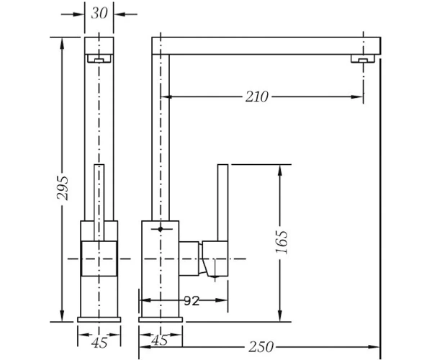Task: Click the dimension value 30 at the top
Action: point(99,13)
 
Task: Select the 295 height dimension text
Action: point(62,188)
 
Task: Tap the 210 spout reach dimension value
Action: point(257,96)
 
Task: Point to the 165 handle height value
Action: point(282,242)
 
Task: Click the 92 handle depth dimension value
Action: point(192,301)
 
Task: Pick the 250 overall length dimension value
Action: point(261,347)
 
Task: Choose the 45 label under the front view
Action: point(99,343)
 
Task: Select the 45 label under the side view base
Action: point(159,341)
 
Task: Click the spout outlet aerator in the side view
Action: point(363,58)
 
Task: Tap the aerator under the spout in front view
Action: point(99,58)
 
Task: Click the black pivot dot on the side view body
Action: point(161,229)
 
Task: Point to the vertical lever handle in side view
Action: point(223,203)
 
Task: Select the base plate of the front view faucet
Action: point(99,320)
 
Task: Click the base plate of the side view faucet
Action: point(161,320)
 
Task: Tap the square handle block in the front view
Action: point(99,258)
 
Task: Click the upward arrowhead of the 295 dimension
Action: point(62,43)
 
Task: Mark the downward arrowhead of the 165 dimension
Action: point(280,315)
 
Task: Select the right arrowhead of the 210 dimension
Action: point(357,96)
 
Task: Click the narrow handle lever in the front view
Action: point(99,203)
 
